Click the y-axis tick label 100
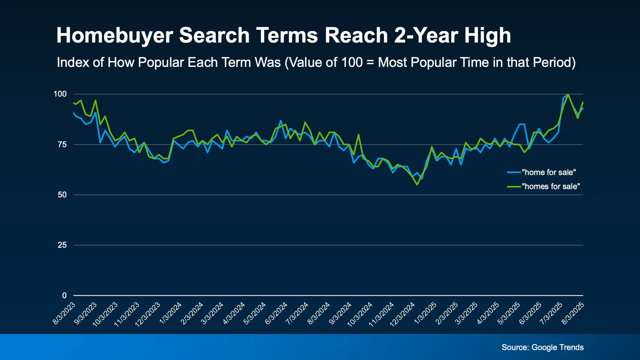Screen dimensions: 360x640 (x=60, y=94)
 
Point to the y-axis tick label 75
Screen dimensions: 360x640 (x=62, y=145)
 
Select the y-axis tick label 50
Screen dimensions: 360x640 (x=62, y=195)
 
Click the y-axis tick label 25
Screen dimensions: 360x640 (x=62, y=245)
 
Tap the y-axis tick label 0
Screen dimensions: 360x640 (x=64, y=295)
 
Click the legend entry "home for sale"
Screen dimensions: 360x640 (x=548, y=172)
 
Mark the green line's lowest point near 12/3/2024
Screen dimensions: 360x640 (x=417, y=185)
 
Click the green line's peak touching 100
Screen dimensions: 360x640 (x=568, y=94)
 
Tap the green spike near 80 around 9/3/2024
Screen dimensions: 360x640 (x=358, y=135)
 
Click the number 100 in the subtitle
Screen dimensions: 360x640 (x=352, y=62)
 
